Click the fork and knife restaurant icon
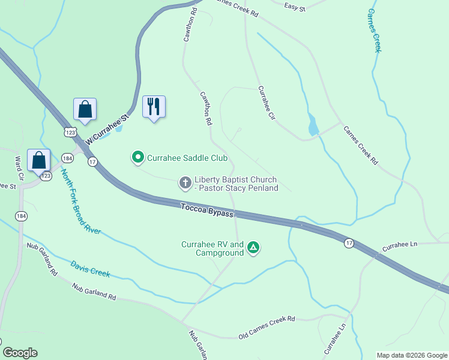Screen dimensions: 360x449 154,107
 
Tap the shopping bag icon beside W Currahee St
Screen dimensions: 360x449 85,109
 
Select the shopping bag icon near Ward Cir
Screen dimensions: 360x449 39,161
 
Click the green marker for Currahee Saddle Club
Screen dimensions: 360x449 137,158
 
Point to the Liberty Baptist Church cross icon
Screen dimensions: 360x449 185,182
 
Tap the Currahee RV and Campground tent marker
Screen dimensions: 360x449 254,247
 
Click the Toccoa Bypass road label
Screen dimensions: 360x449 206,210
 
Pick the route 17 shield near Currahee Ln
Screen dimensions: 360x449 349,243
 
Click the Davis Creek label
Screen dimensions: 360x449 90,268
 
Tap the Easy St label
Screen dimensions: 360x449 295,7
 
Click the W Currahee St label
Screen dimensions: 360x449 107,129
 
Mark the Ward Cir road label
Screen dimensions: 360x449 17,170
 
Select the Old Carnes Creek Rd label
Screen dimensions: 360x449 267,327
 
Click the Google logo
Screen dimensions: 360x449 20,353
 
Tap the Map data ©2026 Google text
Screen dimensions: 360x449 411,355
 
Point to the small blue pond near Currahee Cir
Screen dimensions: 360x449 312,125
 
